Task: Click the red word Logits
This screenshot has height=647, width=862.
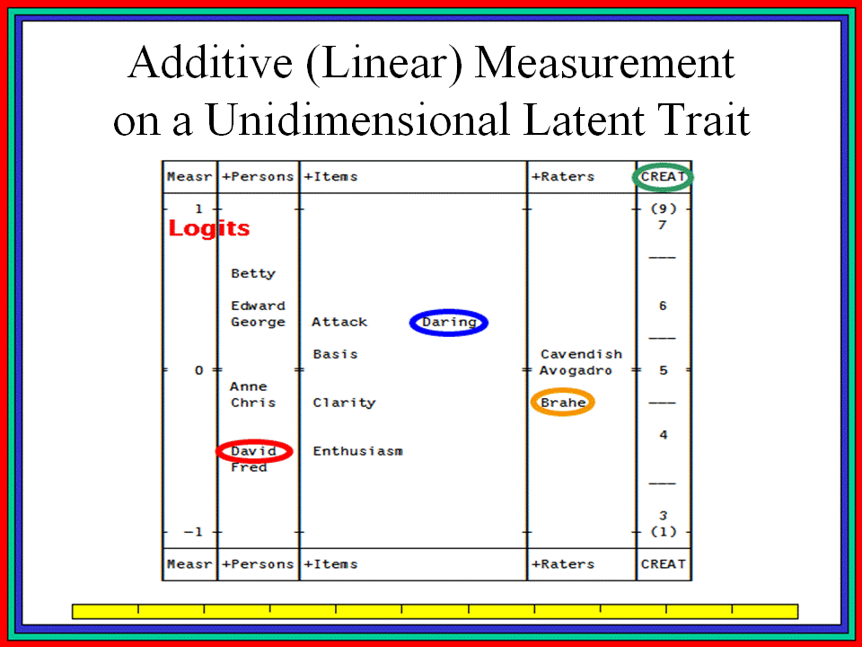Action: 209,228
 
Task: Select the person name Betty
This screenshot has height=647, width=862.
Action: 253,273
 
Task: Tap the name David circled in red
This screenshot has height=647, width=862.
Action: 253,451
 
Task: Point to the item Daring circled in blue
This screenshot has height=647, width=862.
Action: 449,323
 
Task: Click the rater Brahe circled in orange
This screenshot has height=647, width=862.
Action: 563,403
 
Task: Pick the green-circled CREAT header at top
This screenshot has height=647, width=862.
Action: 663,177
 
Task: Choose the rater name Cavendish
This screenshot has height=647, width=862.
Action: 581,354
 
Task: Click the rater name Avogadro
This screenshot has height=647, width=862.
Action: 576,370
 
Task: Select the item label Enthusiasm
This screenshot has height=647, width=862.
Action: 358,451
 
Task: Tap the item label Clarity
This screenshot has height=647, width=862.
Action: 344,403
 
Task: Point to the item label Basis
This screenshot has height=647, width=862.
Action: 335,354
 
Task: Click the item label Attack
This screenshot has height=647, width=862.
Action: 339,322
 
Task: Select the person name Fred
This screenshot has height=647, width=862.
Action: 249,467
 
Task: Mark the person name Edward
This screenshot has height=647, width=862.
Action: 258,306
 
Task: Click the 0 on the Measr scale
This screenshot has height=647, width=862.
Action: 199,370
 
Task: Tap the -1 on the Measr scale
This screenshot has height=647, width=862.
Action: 193,532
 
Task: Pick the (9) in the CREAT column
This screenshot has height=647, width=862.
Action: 663,208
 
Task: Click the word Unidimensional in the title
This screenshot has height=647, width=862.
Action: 357,120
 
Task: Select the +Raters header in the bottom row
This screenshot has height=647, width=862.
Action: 563,564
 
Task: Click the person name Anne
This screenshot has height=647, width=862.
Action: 249,386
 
